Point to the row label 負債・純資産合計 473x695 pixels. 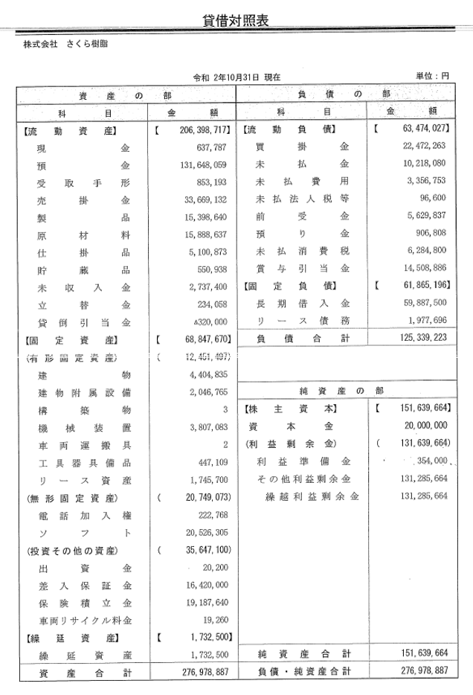(301, 672)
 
